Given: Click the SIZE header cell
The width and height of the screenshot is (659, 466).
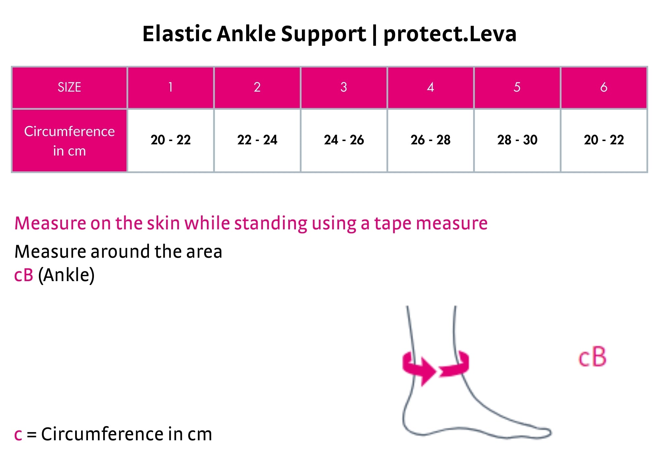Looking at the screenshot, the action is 70,88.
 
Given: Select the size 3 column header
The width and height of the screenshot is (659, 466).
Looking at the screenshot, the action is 344,88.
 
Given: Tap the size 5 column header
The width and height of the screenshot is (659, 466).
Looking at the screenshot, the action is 517,88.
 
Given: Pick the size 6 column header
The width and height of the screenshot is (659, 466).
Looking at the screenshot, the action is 604,88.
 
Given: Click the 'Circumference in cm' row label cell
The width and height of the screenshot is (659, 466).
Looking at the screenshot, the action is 70,141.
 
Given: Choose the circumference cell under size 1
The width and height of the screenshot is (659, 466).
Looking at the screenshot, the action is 171,141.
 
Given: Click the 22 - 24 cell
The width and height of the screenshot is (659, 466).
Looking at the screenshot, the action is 257,141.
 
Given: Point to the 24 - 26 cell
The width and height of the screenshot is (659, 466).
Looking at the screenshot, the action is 344,141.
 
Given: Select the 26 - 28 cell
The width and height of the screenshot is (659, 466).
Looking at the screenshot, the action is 430,141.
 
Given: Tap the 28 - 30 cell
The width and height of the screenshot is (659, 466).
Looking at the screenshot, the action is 517,141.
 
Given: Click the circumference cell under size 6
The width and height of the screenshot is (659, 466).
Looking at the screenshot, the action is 604,141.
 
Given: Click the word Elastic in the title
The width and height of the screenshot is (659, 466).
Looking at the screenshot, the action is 177,34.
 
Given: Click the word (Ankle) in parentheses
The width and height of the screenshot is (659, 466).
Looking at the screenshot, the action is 66,275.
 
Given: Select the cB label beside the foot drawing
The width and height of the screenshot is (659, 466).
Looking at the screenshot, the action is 592,357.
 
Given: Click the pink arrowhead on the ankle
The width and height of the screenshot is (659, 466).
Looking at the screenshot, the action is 428,371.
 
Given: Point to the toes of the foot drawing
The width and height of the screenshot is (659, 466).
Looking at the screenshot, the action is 540,432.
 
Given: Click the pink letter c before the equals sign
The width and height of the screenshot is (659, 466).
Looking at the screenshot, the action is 18,435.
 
